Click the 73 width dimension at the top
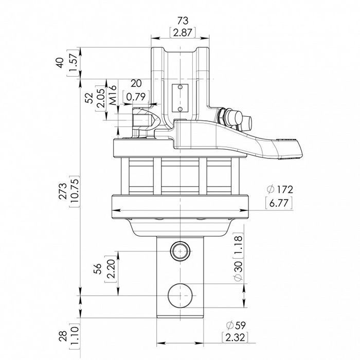coord(180,21)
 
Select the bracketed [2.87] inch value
coord(180,32)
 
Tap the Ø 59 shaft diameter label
coord(237,326)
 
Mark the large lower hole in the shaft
coord(181,295)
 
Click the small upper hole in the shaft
coord(180,251)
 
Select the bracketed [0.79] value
coord(136,96)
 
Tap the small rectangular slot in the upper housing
coord(180,97)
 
